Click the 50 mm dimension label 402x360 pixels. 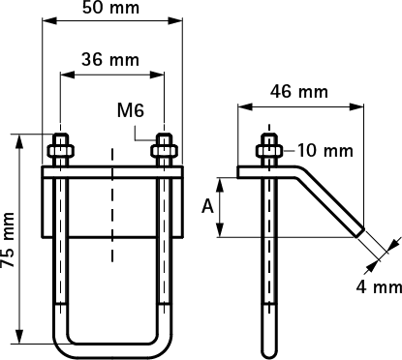click(110, 8)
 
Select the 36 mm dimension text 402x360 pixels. click(110, 60)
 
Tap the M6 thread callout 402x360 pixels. click(131, 110)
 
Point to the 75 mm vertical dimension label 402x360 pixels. click(8, 240)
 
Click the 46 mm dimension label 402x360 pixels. click(299, 92)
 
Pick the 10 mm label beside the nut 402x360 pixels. click(325, 151)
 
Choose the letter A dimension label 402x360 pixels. click(207, 206)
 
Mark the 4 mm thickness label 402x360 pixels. click(379, 286)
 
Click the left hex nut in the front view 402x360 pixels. click(61, 151)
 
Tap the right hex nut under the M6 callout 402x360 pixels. click(165, 151)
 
